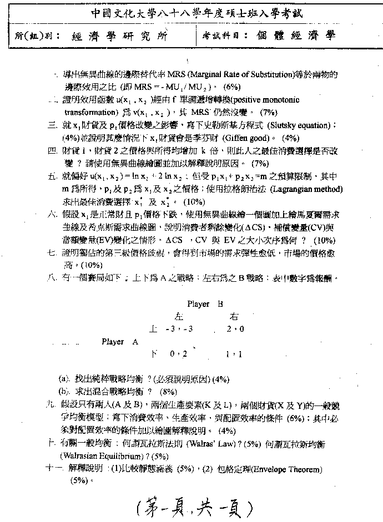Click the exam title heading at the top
pos(191,12)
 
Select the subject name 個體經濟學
pos(296,37)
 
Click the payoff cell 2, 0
pos(235,329)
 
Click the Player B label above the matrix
pos(205,304)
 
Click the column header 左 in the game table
pos(179,317)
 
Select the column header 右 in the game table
pos(234,317)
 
